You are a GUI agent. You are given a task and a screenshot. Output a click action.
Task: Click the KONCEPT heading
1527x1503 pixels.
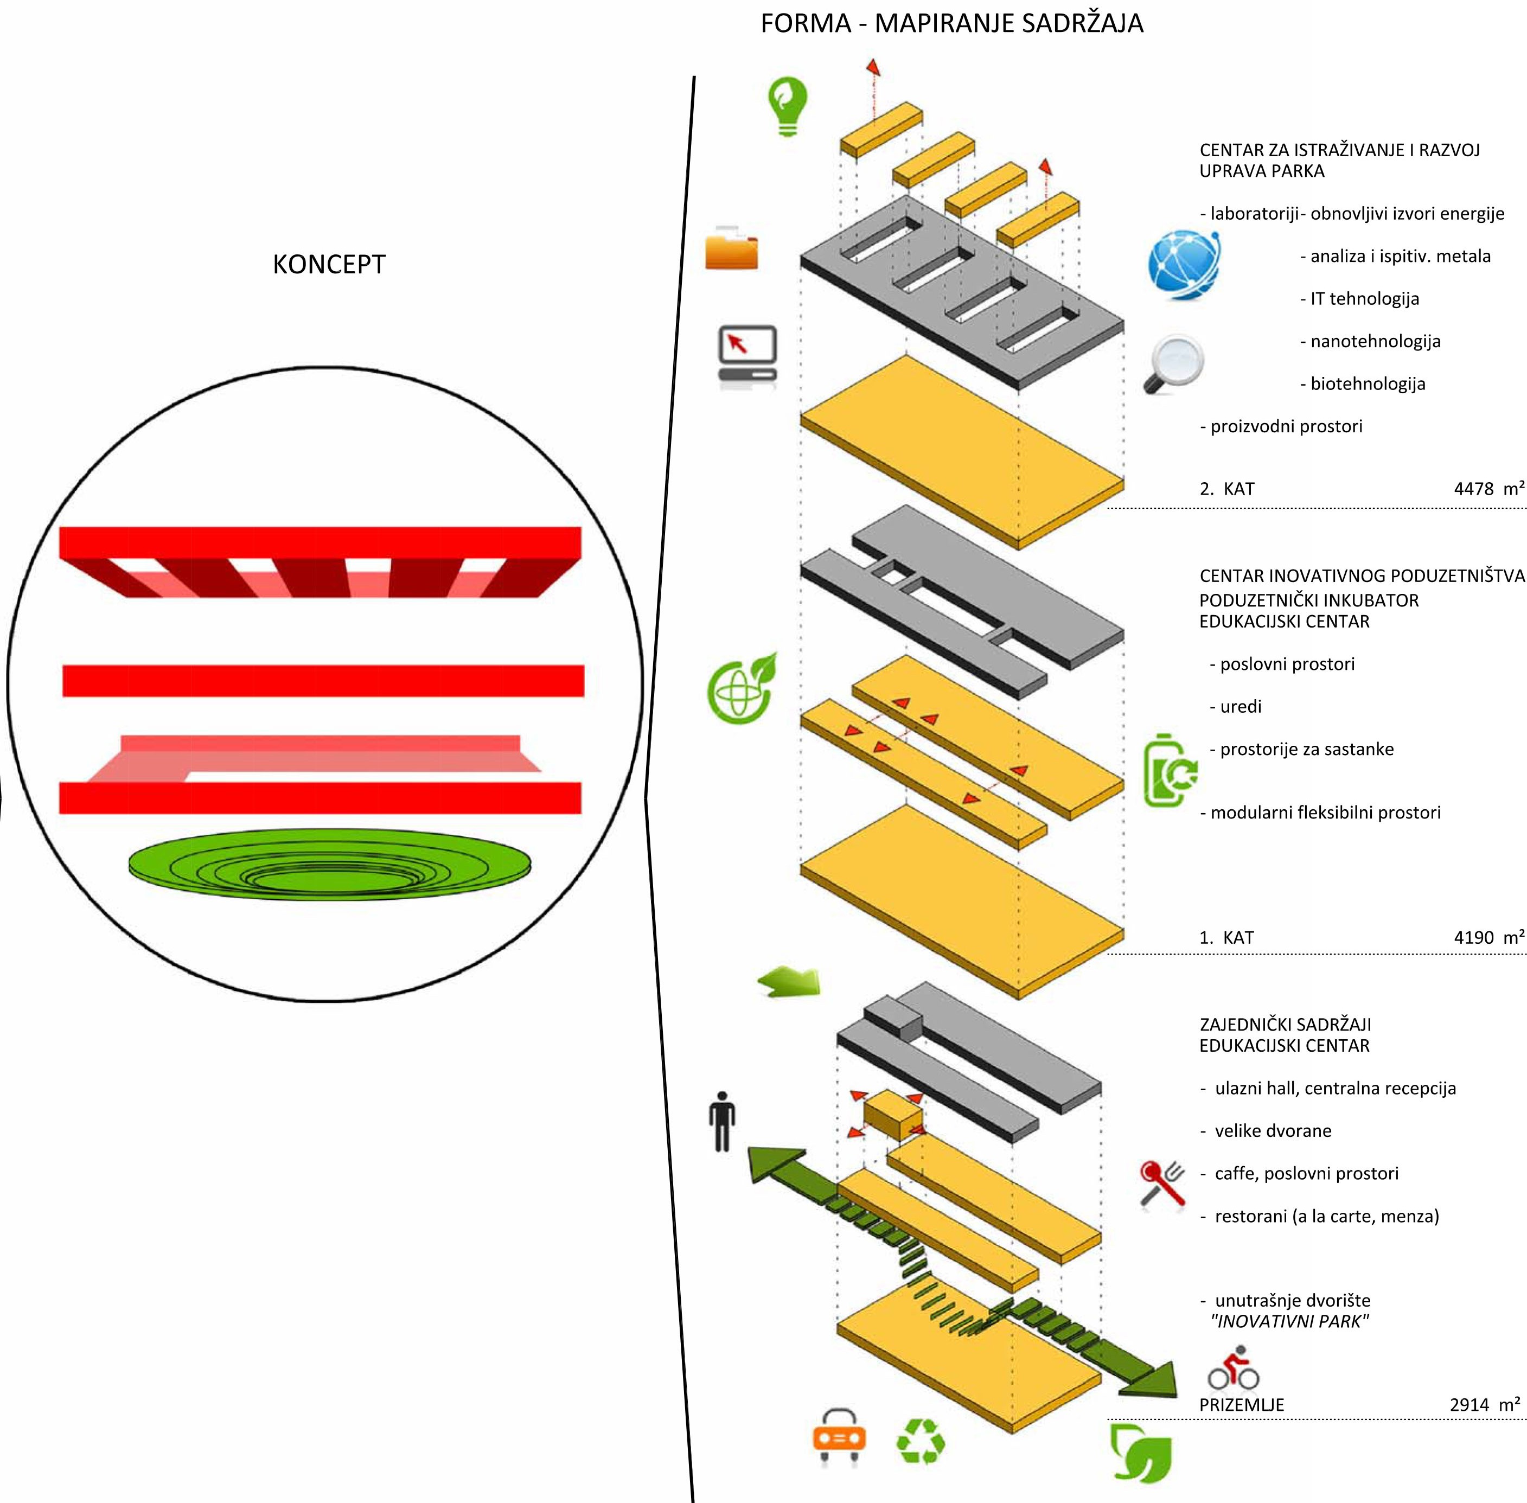(x=329, y=265)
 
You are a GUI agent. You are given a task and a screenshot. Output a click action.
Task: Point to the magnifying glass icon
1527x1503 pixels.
(x=1174, y=364)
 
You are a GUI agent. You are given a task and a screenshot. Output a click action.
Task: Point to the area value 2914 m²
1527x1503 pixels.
(x=1484, y=1404)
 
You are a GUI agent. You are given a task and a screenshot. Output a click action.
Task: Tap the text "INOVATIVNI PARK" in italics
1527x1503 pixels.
(x=1289, y=1321)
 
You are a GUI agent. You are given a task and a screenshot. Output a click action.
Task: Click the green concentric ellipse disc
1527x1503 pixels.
(x=330, y=865)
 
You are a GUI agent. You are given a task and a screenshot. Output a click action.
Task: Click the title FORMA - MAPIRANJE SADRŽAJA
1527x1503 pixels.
(x=951, y=24)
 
